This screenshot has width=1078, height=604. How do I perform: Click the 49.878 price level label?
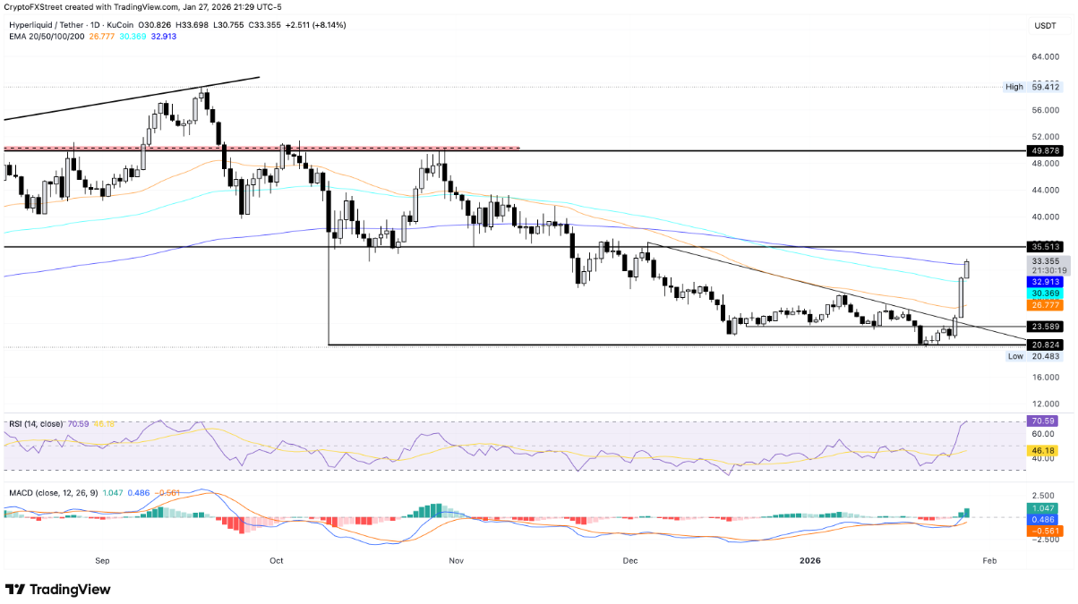[x=1045, y=151]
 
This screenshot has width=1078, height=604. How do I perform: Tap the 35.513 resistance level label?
[x=1045, y=246]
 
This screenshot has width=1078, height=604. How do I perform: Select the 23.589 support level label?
[x=1045, y=327]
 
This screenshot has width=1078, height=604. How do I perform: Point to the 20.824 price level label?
[x=1045, y=345]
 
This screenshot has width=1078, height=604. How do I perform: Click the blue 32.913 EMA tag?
[x=1045, y=280]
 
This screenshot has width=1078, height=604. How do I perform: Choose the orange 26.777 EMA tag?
[x=1045, y=305]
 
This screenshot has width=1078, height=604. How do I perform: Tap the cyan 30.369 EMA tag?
[x=1045, y=293]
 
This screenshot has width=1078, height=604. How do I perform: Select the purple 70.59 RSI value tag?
[x=1045, y=421]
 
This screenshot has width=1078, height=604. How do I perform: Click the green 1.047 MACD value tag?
[x=1045, y=507]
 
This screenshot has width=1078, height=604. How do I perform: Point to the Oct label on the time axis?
[x=276, y=560]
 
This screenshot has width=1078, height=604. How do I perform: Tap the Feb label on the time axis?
[x=989, y=560]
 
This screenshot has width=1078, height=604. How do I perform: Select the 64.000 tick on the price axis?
[x=1045, y=57]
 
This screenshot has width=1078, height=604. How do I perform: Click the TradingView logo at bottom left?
[x=59, y=590]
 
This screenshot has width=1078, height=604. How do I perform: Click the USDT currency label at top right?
[x=1045, y=27]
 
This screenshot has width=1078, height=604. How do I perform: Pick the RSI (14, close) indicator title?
[x=35, y=424]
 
